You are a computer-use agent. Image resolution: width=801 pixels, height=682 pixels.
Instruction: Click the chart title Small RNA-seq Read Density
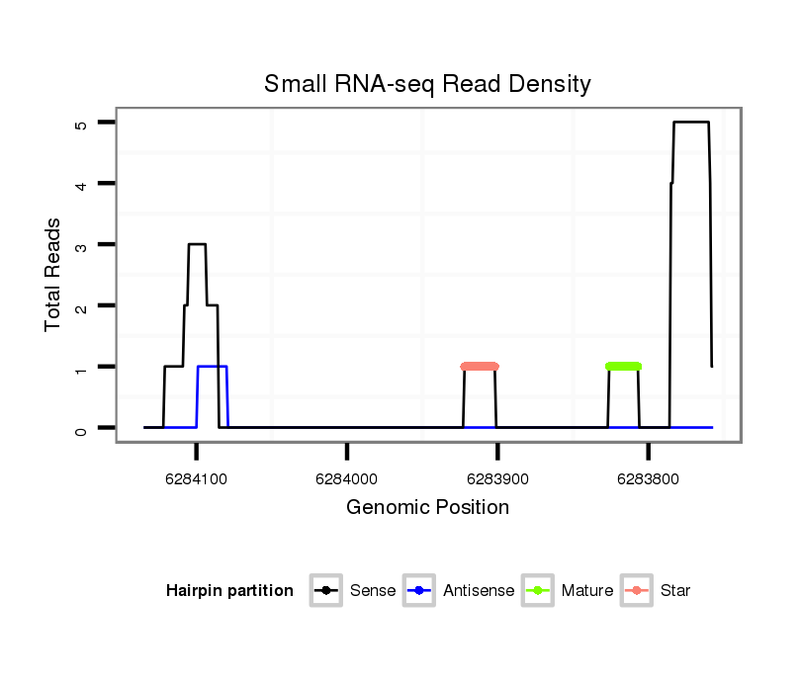(x=427, y=84)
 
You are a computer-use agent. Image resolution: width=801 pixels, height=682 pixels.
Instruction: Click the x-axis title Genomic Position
(x=427, y=508)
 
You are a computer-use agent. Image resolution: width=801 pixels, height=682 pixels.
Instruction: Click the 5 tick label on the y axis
(x=80, y=123)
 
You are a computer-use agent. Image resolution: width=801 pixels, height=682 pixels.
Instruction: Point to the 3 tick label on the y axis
(x=80, y=244)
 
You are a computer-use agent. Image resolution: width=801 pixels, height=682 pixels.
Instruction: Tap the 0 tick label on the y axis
(x=80, y=428)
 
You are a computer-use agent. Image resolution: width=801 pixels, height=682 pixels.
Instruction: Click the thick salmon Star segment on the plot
(x=480, y=367)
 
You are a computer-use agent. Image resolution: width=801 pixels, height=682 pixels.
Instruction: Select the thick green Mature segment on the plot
(x=623, y=367)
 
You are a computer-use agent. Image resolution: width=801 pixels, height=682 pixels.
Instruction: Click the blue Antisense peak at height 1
(x=213, y=367)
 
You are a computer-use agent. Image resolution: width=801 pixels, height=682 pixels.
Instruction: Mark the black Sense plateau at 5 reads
(x=691, y=123)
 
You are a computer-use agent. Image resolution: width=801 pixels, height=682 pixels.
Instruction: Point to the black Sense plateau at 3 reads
(x=197, y=244)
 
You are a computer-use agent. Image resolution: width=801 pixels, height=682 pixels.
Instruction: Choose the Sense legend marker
(x=325, y=591)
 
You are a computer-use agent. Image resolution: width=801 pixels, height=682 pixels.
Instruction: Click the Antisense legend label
(x=479, y=591)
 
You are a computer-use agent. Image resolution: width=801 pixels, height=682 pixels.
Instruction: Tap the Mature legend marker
(x=537, y=591)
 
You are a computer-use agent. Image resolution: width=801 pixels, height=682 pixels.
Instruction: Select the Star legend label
(x=675, y=591)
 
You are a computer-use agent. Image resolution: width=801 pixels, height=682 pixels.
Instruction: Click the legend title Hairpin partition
(x=229, y=591)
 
